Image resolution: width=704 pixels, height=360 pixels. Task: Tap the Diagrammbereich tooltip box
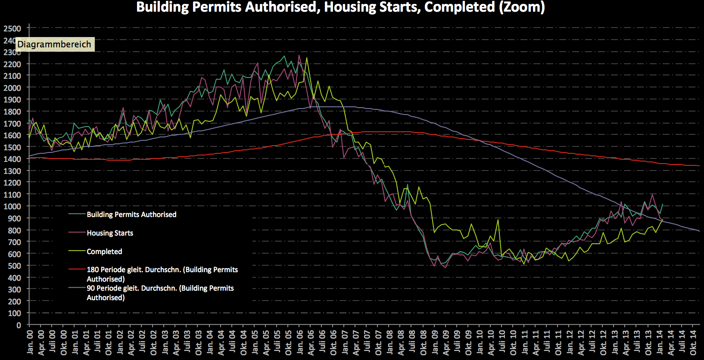coord(54,44)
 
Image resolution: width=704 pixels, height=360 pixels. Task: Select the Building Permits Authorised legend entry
coord(131,214)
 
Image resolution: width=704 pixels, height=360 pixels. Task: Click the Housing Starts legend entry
coord(110,233)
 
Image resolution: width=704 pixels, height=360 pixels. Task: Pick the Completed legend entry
coord(104,251)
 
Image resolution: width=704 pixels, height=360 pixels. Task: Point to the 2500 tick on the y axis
coord(12,28)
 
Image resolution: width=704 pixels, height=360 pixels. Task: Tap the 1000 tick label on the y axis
coord(12,206)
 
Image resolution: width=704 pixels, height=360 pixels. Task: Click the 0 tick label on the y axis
coord(19,325)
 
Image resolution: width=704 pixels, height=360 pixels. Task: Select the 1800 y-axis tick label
coord(12,112)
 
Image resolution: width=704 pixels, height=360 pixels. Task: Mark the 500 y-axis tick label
coord(14,266)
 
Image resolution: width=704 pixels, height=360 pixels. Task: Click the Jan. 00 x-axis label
coord(30,342)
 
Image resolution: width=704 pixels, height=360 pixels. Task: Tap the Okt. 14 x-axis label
coord(693,342)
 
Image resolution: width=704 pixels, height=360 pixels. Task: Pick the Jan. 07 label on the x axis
coord(345,342)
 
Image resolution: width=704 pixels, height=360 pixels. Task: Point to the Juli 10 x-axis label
coord(502,342)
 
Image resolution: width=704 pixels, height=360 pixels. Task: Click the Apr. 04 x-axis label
coord(221,342)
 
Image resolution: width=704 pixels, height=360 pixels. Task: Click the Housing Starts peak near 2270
coord(299,55)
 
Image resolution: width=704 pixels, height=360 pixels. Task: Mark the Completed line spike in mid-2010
coord(498,220)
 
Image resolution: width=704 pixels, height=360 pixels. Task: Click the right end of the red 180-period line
coord(698,166)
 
